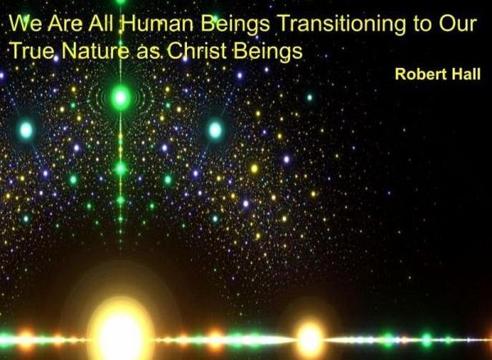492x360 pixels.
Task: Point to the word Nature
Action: click(84, 51)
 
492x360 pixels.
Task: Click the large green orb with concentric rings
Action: click(121, 98)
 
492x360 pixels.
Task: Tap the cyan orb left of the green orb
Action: click(26, 129)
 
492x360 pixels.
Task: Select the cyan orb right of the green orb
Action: click(215, 129)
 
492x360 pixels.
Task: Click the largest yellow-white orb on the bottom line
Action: click(121, 332)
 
